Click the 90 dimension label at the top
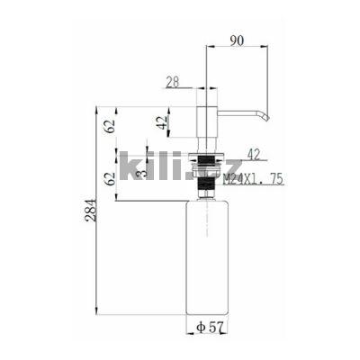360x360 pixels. (x=237, y=40)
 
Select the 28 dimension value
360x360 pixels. (x=173, y=82)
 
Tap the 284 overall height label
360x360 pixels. (x=91, y=210)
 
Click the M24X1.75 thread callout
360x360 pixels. (x=254, y=179)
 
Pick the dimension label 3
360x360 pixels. (x=143, y=173)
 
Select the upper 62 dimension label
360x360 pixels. (x=110, y=126)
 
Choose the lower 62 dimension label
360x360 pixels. (x=111, y=179)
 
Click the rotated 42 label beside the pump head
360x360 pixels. (x=162, y=122)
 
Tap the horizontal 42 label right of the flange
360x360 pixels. (x=254, y=155)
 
